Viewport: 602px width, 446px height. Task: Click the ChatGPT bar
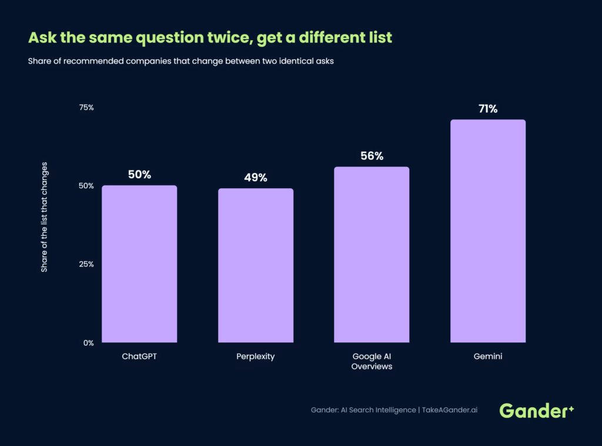coord(139,264)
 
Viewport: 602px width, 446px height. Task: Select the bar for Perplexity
coord(256,265)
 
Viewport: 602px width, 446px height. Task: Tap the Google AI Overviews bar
coord(372,255)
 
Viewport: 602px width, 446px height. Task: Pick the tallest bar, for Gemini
coord(488,231)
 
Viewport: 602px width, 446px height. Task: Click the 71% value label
coord(488,109)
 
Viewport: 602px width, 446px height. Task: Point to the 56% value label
coord(372,156)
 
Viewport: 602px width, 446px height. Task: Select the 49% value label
coord(256,178)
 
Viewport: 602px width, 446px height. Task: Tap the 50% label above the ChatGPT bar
coord(139,174)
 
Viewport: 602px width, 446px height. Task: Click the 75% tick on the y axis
coord(86,108)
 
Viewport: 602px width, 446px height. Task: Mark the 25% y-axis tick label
coord(86,264)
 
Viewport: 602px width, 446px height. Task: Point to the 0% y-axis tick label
coord(89,343)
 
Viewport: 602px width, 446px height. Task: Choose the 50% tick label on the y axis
coord(86,186)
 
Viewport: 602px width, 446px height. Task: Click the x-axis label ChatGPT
coord(139,357)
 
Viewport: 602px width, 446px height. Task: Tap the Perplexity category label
coord(256,357)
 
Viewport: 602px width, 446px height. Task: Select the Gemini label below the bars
coord(488,357)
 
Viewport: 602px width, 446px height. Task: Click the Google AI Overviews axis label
coord(372,361)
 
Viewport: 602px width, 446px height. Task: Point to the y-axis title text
coord(44,217)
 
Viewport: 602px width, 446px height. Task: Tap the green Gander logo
coord(537,411)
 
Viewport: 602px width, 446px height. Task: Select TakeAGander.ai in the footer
coord(450,410)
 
